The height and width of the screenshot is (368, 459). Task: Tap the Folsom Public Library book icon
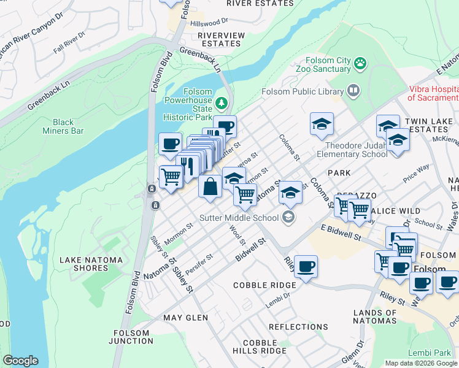353,91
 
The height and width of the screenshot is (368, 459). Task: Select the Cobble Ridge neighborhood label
264,285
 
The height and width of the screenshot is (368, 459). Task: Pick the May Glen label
186,318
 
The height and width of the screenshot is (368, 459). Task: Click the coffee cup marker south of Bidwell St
306,267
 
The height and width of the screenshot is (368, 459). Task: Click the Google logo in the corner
20,361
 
